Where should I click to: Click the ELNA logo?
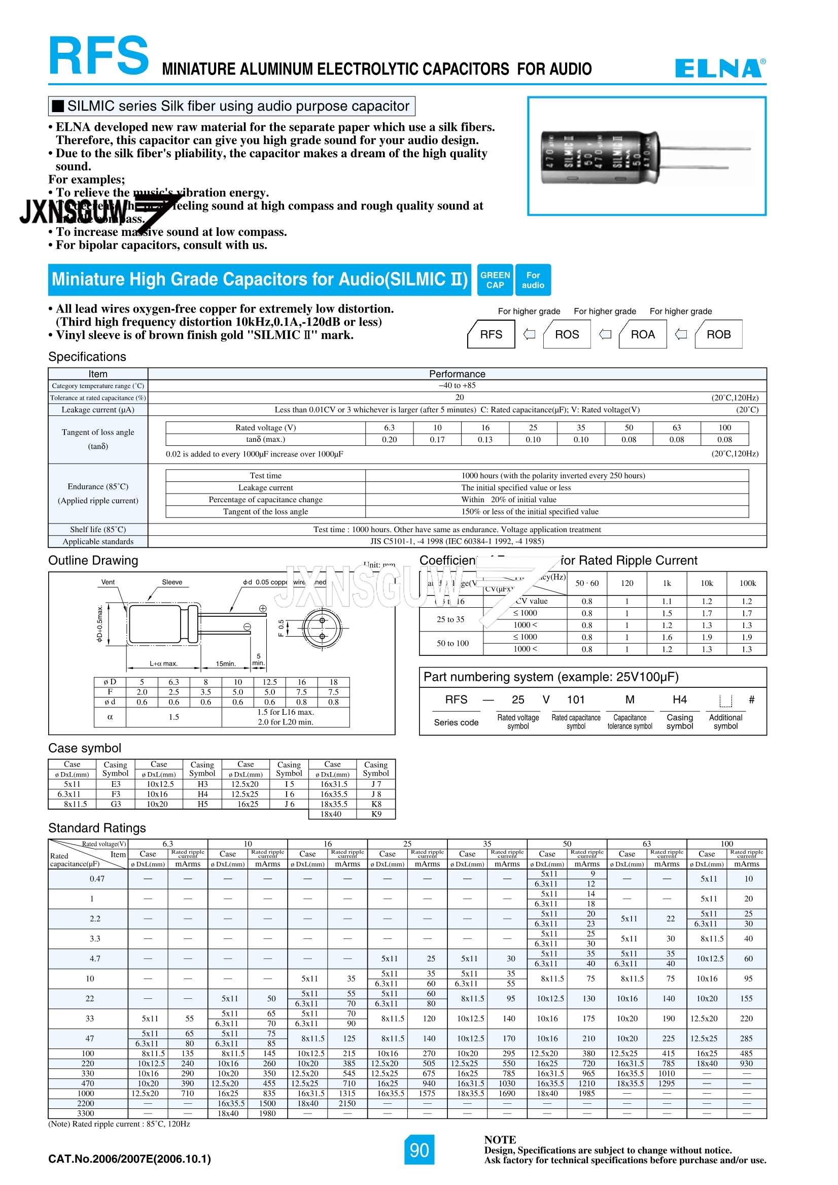click(720, 68)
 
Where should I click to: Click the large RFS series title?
click(98, 56)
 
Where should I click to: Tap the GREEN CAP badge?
click(495, 280)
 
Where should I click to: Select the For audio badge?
click(533, 280)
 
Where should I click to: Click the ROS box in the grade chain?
click(567, 334)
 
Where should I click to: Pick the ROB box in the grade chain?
click(718, 334)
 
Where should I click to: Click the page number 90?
click(419, 1150)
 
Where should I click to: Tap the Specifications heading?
click(87, 357)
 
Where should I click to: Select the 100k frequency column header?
click(747, 583)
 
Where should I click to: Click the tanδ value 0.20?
click(389, 440)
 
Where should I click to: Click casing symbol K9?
click(376, 814)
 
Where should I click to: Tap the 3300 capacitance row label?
click(86, 1113)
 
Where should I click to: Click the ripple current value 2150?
click(347, 1103)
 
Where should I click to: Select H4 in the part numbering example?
click(680, 700)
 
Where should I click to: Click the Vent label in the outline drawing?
click(108, 582)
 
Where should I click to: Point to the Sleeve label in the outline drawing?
click(172, 582)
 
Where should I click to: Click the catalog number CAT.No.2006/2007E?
click(129, 1159)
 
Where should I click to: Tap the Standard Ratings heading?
click(97, 828)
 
